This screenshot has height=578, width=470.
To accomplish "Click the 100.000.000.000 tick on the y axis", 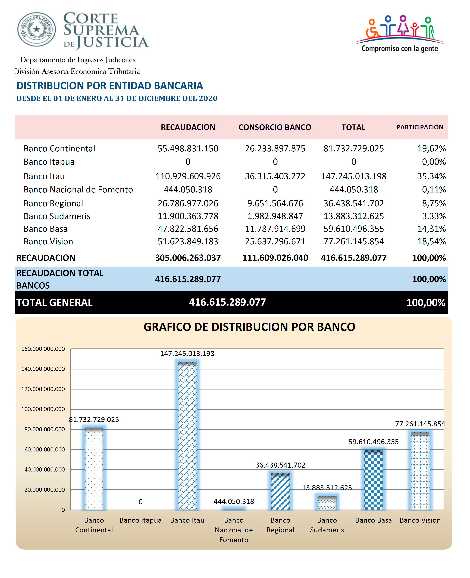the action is pyautogui.click(x=43, y=409).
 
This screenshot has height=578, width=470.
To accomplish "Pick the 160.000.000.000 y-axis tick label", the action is pyautogui.click(x=43, y=349).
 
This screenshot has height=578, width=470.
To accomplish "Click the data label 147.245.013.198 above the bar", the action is pyautogui.click(x=187, y=354).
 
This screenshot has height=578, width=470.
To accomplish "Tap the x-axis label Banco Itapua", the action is pyautogui.click(x=140, y=520).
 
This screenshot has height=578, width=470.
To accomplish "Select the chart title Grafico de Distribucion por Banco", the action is pyautogui.click(x=249, y=327).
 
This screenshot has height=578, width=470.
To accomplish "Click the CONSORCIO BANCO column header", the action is pyautogui.click(x=275, y=127).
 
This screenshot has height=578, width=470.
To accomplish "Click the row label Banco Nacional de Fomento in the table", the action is pyautogui.click(x=78, y=189).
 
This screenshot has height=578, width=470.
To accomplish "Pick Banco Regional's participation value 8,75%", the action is pyautogui.click(x=434, y=203).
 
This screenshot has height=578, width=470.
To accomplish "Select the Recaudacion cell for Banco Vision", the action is pyautogui.click(x=188, y=241).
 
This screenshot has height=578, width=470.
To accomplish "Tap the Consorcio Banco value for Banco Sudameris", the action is pyautogui.click(x=275, y=216).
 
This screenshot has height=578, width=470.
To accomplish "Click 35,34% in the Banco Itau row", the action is pyautogui.click(x=432, y=176).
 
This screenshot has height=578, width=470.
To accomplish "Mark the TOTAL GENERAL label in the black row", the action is pyautogui.click(x=54, y=303).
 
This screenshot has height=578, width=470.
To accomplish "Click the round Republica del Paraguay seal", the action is pyautogui.click(x=37, y=29).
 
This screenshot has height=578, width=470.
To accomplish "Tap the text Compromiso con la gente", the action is pyautogui.click(x=400, y=49).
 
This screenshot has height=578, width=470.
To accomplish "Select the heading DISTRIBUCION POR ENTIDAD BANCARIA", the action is pyautogui.click(x=110, y=86).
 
